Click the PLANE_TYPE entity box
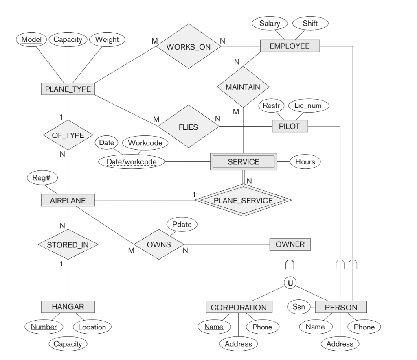click(68, 89)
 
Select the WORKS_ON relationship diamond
click(189, 46)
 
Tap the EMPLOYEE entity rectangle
click(290, 46)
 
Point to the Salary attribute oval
click(270, 23)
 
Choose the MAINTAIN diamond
click(243, 87)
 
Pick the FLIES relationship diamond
click(188, 127)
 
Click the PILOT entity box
click(290, 127)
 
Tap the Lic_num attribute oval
click(309, 106)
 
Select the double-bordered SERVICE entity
click(243, 162)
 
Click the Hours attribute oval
click(305, 162)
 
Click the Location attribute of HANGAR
click(92, 327)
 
